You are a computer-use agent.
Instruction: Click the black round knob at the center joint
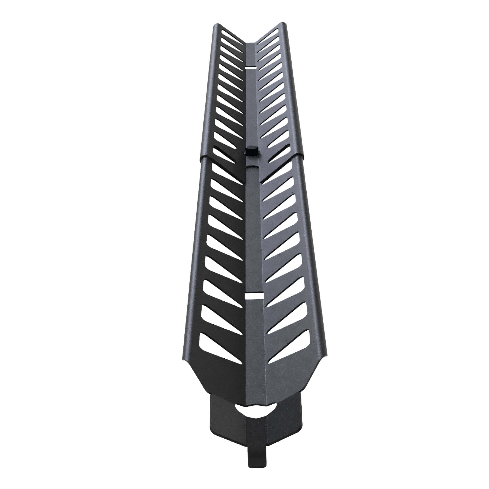(251, 151)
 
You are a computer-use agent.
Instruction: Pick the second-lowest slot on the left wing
(218, 318)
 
